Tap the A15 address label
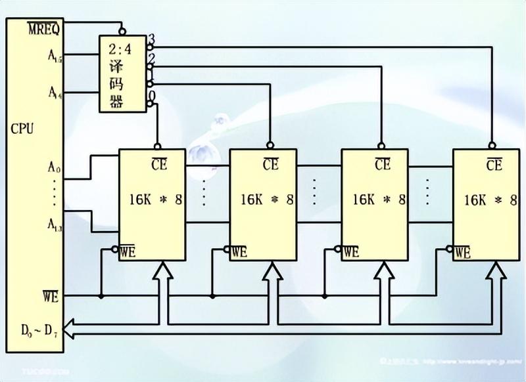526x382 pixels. (x=55, y=57)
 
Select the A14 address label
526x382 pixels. (x=55, y=92)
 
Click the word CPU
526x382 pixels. (x=22, y=128)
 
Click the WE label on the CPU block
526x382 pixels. (x=52, y=297)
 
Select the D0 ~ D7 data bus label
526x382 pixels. (x=39, y=329)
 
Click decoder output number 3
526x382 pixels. (x=151, y=40)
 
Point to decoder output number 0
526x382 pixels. (x=151, y=96)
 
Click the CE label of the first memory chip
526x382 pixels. (x=158, y=164)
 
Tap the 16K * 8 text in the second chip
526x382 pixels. (x=267, y=199)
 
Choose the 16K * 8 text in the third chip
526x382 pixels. (x=379, y=199)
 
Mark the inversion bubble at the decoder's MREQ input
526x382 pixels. (x=122, y=31)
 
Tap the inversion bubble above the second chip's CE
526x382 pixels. (x=270, y=145)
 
